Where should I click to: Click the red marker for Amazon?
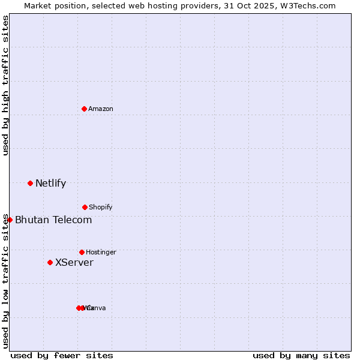click(84, 109)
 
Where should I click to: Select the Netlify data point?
click(30, 183)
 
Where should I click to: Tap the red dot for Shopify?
click(85, 207)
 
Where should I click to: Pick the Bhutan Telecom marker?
click(10, 220)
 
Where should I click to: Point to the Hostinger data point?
click(82, 252)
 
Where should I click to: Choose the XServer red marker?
click(50, 262)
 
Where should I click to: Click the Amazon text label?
click(101, 109)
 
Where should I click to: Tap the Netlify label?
click(50, 183)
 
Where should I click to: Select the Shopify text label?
click(101, 207)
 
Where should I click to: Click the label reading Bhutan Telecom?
click(53, 220)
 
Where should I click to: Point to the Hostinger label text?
click(101, 252)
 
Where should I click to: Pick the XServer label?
click(74, 262)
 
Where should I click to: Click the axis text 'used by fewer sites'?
click(62, 355)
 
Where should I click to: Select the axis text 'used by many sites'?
click(301, 355)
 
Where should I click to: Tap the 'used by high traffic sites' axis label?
click(6, 85)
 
